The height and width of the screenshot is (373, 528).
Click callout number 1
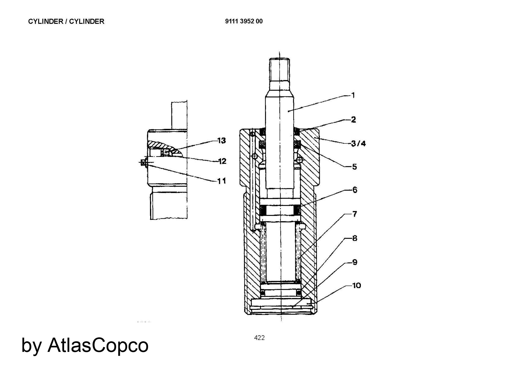[x=353, y=95]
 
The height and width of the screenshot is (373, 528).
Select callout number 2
[x=353, y=120]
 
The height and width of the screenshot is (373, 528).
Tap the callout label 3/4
[x=359, y=144]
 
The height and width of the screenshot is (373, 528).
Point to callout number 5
[x=354, y=167]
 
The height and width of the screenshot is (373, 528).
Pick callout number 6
[x=355, y=190]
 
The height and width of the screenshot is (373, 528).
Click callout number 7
[x=355, y=214]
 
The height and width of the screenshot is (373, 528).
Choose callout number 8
[x=355, y=238]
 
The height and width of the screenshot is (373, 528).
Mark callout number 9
[x=355, y=262]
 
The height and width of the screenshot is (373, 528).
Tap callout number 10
[x=357, y=285]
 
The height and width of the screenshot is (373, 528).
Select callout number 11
[x=222, y=181]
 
